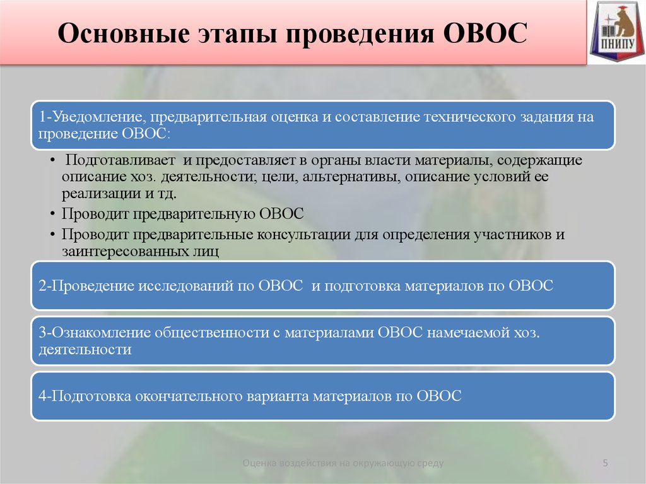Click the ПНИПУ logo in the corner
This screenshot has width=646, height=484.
pyautogui.click(x=617, y=32)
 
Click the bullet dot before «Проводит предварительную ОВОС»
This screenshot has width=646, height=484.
pyautogui.click(x=52, y=214)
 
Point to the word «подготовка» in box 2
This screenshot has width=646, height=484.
pyautogui.click(x=363, y=286)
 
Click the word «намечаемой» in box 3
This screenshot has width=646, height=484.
pyautogui.click(x=469, y=333)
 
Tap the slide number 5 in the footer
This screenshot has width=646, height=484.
pyautogui.click(x=605, y=463)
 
